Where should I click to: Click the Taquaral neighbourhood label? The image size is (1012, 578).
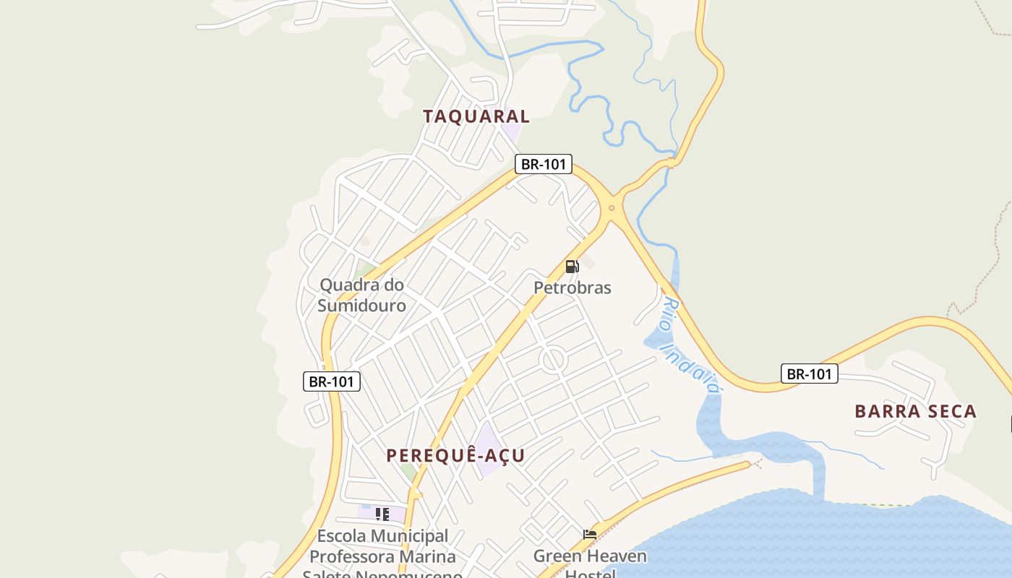pos(476,116)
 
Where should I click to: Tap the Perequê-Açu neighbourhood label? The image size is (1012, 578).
pos(455,456)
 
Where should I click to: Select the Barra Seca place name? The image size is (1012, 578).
pos(915,412)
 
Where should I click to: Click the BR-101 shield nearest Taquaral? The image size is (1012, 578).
pos(544,164)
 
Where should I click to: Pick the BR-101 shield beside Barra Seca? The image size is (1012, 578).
pos(809,374)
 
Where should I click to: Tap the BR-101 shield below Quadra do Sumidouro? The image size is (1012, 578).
pos(331,381)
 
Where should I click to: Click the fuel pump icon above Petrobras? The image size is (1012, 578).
pos(572,267)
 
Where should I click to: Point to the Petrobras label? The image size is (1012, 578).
pos(573,288)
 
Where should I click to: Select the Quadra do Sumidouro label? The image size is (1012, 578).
pos(361,295)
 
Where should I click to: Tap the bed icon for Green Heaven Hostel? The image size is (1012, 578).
pos(590,535)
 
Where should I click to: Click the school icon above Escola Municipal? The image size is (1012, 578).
pos(382,514)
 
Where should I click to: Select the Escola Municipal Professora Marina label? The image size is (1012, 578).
pos(383,547)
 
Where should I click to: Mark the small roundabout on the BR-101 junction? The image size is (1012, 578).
pos(612,208)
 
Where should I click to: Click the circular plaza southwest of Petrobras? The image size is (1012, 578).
pos(553,360)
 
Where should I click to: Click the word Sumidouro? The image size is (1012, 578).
pos(361,306)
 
